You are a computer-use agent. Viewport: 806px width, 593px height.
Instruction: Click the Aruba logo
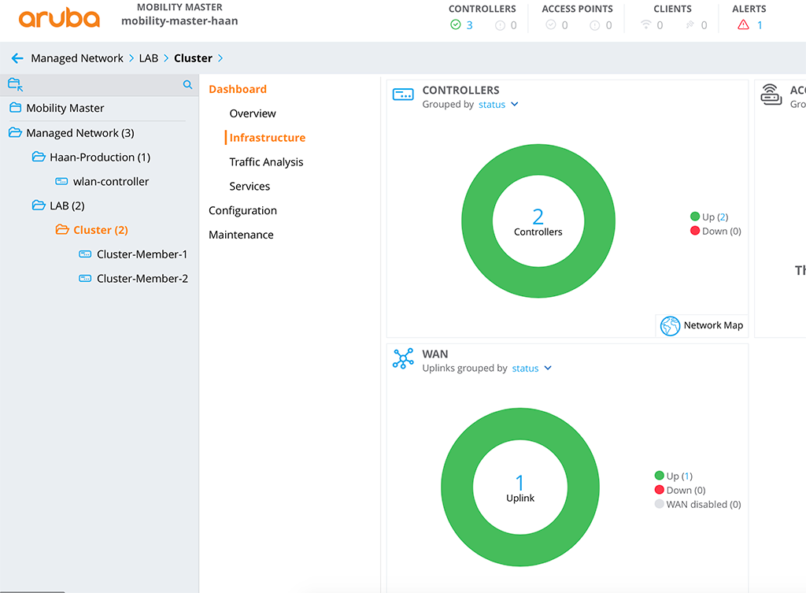click(59, 19)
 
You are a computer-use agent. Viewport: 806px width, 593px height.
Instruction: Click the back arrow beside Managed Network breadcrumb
click(17, 58)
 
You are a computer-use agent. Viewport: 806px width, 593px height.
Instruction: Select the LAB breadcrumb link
click(148, 58)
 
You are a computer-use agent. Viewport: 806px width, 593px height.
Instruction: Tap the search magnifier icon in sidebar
click(187, 84)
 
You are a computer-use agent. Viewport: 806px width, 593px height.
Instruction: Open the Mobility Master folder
click(65, 108)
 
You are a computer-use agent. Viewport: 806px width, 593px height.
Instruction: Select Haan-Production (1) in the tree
click(99, 157)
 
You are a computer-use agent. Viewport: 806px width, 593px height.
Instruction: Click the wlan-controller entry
click(110, 181)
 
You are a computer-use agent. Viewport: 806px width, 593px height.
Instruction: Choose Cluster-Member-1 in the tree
click(142, 254)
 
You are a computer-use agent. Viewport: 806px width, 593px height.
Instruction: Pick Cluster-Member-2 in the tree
click(142, 279)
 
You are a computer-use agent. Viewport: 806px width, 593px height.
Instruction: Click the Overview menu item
click(253, 113)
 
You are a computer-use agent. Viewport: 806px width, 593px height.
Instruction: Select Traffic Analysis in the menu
click(266, 162)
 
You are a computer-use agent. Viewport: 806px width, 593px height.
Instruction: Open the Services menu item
click(250, 187)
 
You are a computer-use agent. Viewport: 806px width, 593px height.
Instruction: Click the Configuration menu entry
click(242, 211)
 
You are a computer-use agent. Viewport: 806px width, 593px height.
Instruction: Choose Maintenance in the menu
click(241, 235)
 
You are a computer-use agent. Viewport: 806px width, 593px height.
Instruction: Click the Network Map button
click(702, 325)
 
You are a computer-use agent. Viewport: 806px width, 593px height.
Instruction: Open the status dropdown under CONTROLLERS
click(498, 104)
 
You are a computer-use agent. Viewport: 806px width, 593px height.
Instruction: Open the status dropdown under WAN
click(531, 368)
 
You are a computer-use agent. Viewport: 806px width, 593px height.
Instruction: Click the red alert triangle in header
click(743, 25)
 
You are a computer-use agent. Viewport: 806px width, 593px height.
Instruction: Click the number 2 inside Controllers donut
click(538, 217)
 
